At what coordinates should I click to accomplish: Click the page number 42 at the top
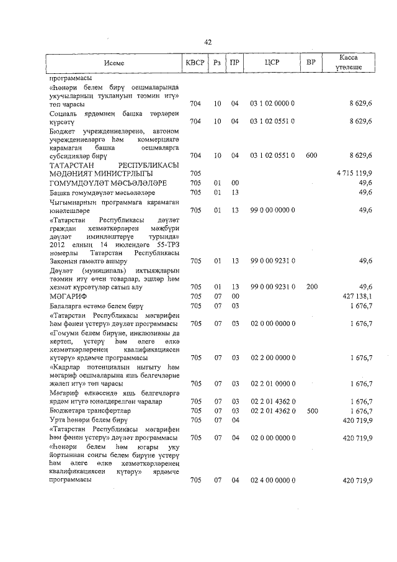[208, 42]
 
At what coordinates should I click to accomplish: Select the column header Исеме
[114, 63]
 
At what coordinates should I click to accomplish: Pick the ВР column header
[311, 63]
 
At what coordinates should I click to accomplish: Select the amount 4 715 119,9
[354, 173]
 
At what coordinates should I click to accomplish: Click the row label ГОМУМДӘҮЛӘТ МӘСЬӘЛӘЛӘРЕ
[107, 183]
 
